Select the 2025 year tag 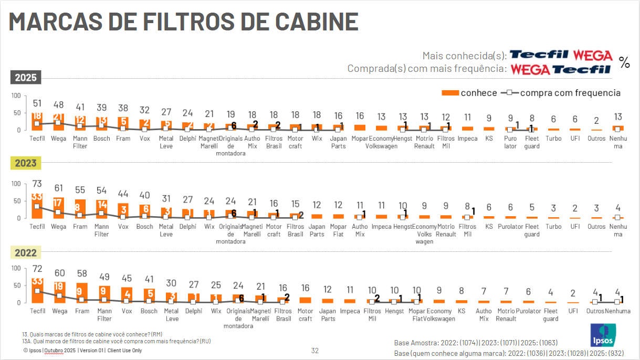(26, 78)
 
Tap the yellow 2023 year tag (26, 163)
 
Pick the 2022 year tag (26, 253)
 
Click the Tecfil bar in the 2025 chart (37, 121)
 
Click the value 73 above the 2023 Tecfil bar (37, 184)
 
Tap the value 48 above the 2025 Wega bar (58, 104)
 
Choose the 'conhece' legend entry (470, 93)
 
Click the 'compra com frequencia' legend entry (562, 93)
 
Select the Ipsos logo (603, 335)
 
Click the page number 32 (315, 351)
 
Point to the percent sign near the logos (624, 62)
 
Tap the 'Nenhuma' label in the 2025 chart (618, 142)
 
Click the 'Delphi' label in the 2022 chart (194, 311)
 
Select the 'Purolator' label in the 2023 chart (510, 227)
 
